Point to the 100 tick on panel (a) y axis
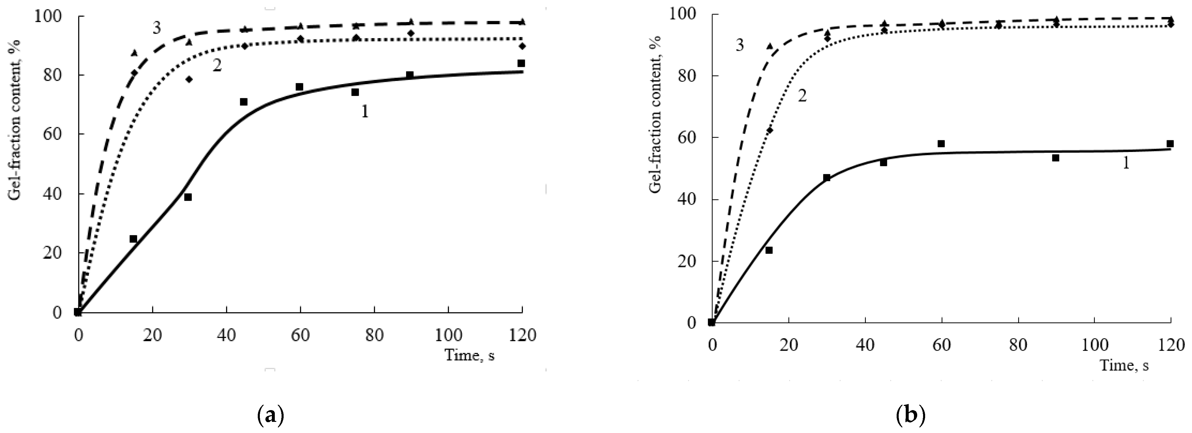pos(51,17)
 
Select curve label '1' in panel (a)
pos(365,111)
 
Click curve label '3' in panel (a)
pos(157,28)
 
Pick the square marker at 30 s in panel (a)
pos(188,197)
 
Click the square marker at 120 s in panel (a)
pos(521,63)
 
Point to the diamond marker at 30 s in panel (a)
pos(189,79)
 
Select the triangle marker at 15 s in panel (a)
pos(134,53)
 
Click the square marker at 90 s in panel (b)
pos(1055,158)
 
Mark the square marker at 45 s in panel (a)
pos(244,102)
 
